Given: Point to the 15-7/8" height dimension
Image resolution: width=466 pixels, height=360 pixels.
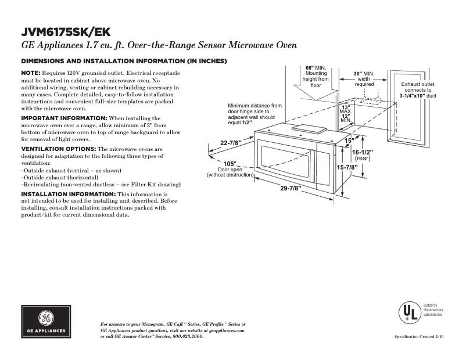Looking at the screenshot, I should [347, 167].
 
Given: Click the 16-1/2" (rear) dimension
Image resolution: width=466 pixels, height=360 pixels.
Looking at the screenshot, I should [363, 155].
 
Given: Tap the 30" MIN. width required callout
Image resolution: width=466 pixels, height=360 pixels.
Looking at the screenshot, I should [364, 79].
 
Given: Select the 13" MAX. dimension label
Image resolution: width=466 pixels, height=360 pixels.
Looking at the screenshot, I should [346, 109].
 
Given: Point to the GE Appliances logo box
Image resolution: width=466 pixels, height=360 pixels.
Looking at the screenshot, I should [46, 322].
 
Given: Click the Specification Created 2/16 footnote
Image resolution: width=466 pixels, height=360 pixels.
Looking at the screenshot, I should [418, 337].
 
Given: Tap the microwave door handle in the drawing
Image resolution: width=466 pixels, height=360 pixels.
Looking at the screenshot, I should [311, 163].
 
